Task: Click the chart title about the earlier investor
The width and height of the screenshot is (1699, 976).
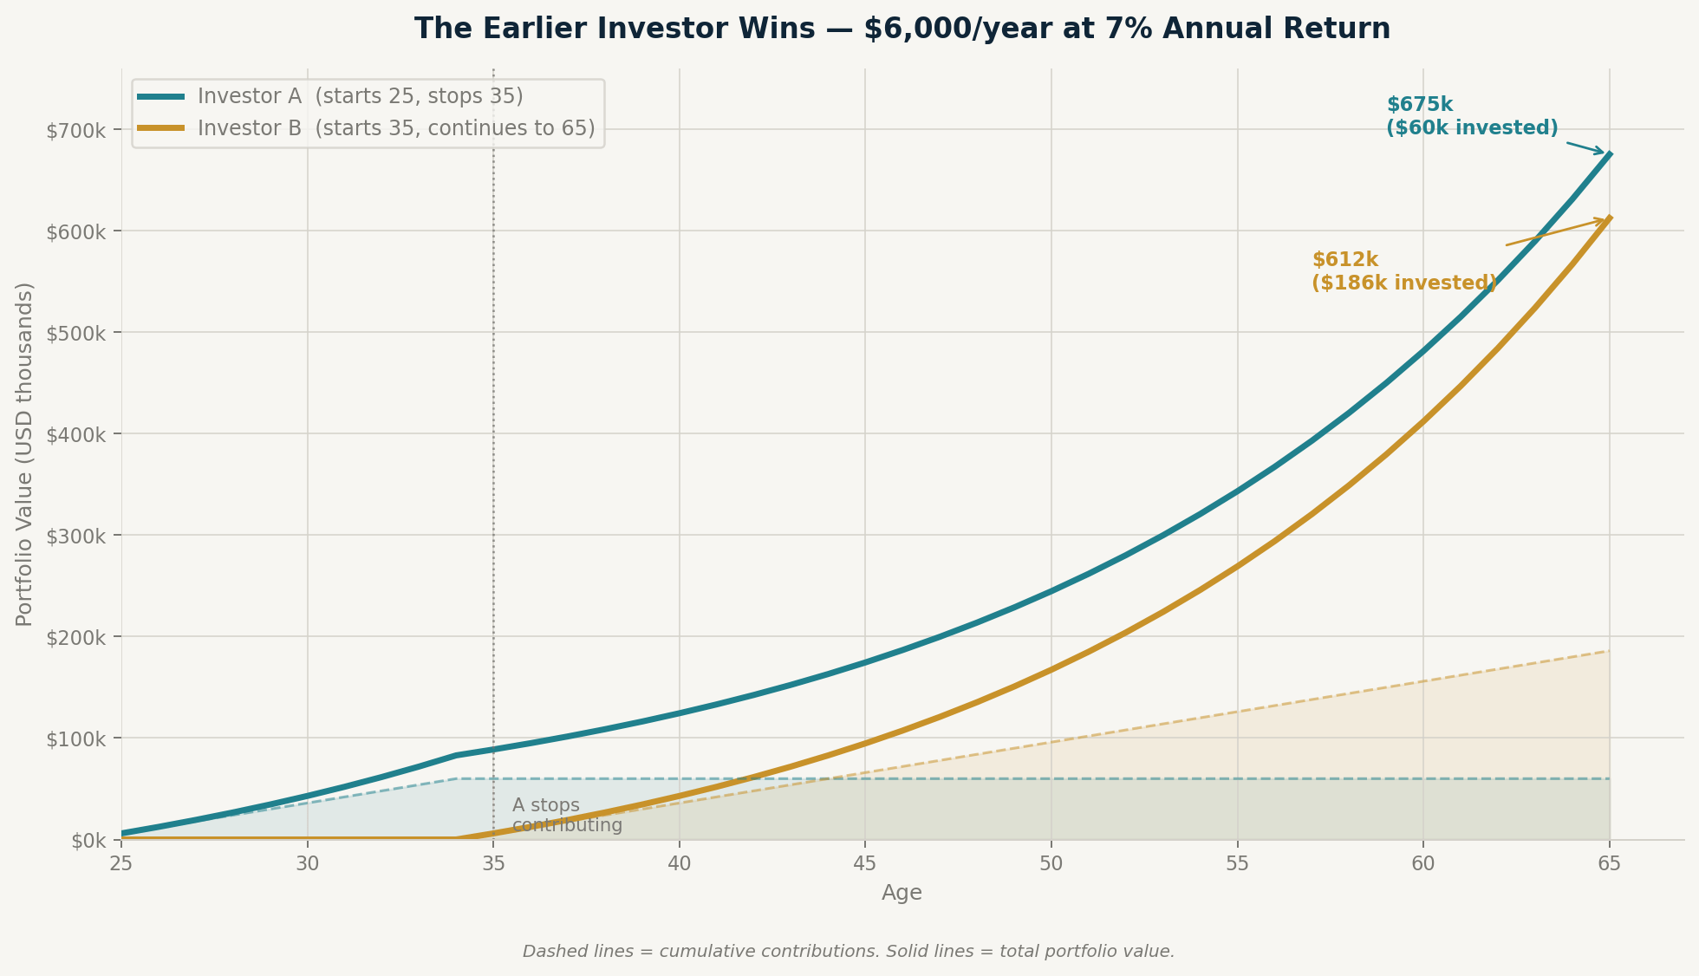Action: (x=902, y=29)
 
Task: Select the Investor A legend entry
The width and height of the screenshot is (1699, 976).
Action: (x=360, y=96)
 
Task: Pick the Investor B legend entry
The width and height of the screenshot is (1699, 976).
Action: (x=395, y=128)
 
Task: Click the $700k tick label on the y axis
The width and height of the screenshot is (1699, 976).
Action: (x=77, y=130)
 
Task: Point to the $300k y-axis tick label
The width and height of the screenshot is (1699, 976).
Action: (x=77, y=535)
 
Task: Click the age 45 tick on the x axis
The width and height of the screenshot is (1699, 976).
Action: (x=864, y=864)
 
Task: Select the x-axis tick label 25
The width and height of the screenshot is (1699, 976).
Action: (x=121, y=864)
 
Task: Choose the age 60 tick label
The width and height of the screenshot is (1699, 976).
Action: (x=1422, y=864)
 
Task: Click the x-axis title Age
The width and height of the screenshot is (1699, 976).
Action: (x=902, y=893)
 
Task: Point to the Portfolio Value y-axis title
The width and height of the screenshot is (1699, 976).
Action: (x=25, y=454)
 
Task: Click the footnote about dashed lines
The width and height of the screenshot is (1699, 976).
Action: (x=849, y=952)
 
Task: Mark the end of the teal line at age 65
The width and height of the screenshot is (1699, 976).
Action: (x=1609, y=154)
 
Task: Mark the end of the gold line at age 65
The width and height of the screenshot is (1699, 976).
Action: (x=1609, y=218)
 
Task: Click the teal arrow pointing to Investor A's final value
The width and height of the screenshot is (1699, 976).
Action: (x=1586, y=147)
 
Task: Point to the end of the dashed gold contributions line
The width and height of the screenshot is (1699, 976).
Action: (x=1609, y=651)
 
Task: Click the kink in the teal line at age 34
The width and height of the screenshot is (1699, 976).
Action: (x=456, y=755)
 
